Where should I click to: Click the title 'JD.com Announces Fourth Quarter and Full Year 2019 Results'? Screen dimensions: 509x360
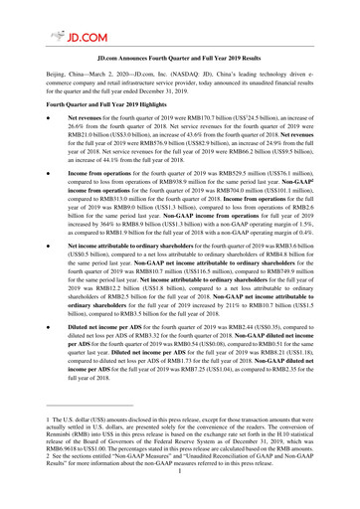[180, 61]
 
